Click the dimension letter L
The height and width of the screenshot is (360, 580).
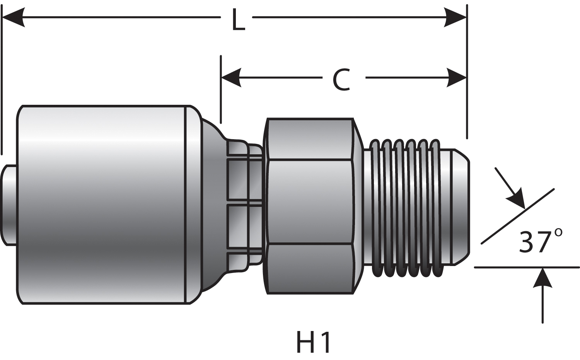[x=238, y=20]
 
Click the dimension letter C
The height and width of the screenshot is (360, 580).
[x=341, y=80]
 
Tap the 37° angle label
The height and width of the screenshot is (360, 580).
[x=540, y=242]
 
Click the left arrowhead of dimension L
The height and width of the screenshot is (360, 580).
[x=14, y=17]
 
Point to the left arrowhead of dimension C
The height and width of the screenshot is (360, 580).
[x=231, y=77]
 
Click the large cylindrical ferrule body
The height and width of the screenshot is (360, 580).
[x=102, y=205]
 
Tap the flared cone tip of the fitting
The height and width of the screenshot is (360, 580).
[x=460, y=207]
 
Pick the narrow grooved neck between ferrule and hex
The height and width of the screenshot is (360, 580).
[x=244, y=205]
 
